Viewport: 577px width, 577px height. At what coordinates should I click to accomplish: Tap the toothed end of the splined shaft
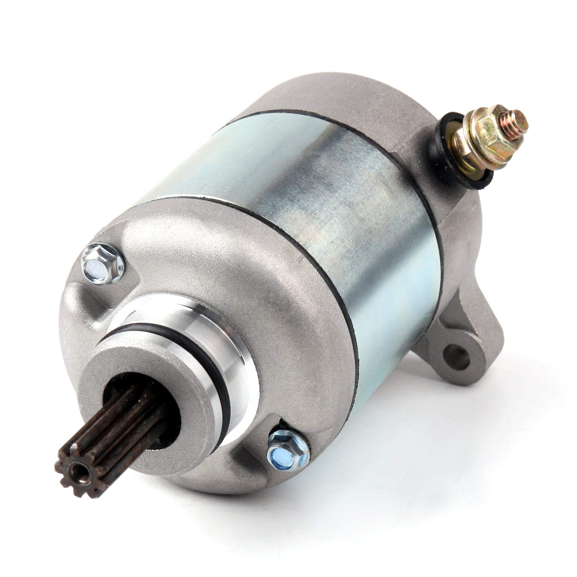74,469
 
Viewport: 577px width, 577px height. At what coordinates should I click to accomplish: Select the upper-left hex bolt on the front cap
102,262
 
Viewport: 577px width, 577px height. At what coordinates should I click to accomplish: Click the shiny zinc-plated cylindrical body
325,202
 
